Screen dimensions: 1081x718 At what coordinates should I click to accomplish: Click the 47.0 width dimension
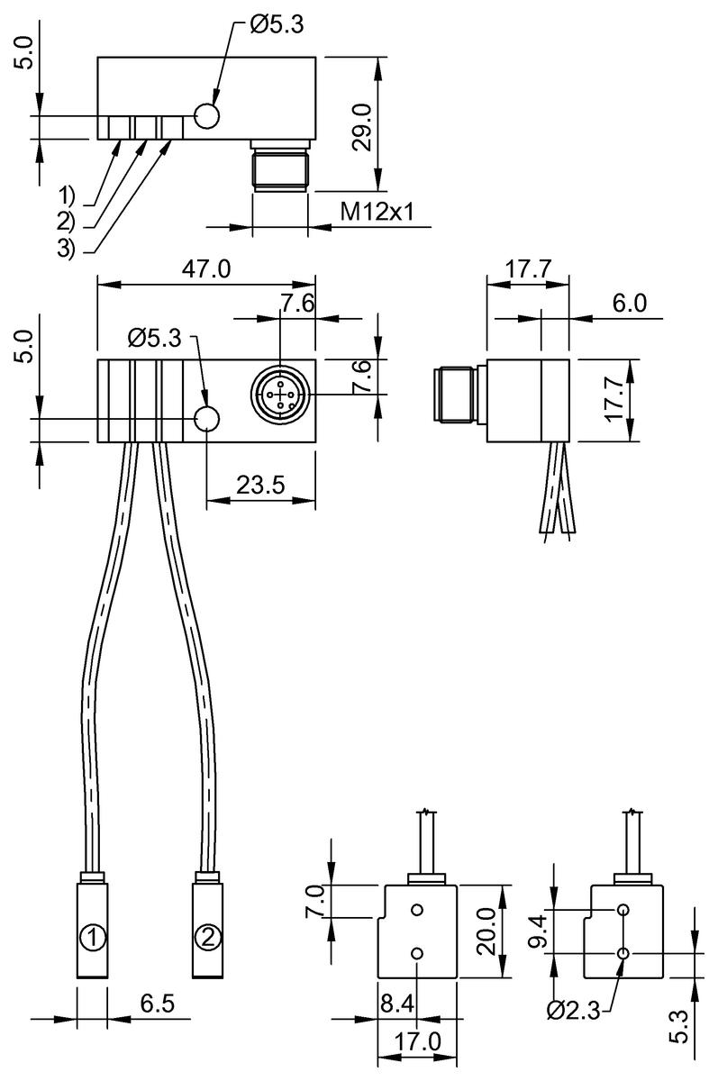(x=206, y=269)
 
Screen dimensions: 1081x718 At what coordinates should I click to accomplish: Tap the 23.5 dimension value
(x=260, y=485)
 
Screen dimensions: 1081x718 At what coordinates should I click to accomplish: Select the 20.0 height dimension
(x=486, y=931)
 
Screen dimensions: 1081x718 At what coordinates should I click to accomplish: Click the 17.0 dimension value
(x=417, y=1042)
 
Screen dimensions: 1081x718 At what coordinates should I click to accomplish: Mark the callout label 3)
(x=68, y=250)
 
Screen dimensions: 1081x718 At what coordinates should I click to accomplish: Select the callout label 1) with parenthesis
(x=68, y=195)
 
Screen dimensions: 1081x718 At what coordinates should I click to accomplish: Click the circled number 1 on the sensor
(x=91, y=937)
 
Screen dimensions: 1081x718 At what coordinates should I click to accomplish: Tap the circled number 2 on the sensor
(x=207, y=937)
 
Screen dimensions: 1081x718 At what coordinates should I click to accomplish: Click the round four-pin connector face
(x=280, y=394)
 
